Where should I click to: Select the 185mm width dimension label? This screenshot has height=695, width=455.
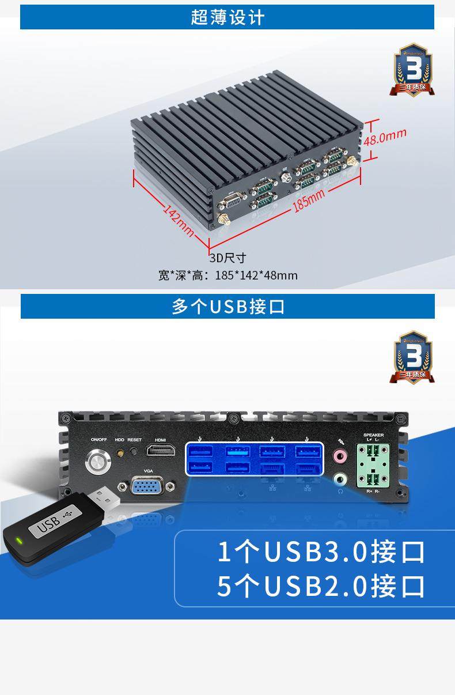(309, 199)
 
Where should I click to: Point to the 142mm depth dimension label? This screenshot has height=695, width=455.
(178, 220)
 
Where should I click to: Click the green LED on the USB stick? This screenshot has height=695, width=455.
(19, 541)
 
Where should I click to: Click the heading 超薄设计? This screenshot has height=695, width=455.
(227, 17)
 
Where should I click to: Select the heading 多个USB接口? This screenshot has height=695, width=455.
(228, 306)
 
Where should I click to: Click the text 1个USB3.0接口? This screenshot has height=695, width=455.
(321, 552)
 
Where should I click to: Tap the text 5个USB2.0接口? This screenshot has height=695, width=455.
(321, 586)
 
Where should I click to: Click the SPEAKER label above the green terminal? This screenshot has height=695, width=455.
(373, 435)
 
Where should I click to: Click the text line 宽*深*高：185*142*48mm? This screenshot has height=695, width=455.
(228, 275)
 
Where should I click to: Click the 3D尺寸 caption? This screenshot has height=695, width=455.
(227, 258)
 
